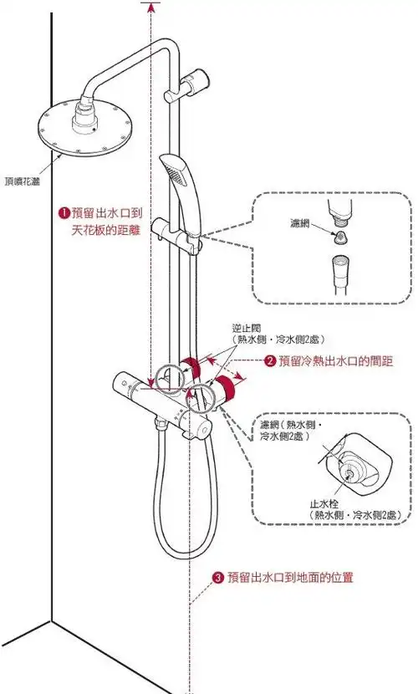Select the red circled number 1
point(62,212)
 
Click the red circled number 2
point(270,361)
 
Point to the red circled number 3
point(217,577)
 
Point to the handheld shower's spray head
point(176,172)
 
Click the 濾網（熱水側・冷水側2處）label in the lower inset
point(288,431)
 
